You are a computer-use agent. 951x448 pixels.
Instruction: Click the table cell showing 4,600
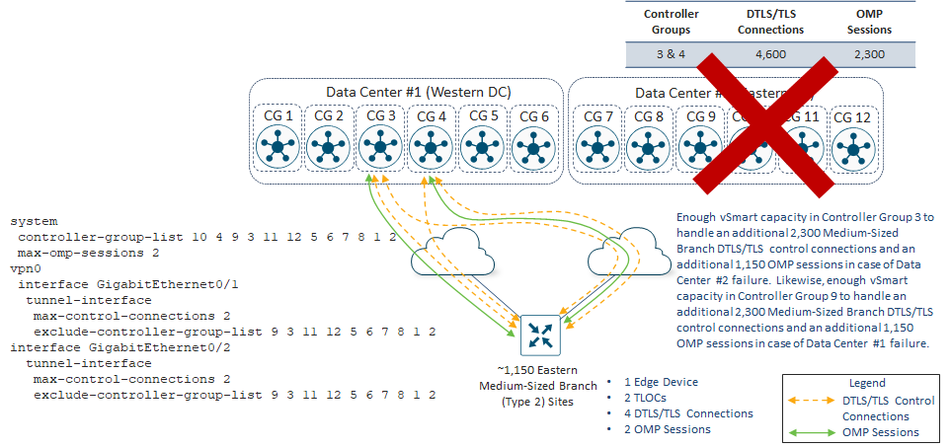(770, 56)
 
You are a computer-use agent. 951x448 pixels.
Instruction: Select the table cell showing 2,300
(869, 56)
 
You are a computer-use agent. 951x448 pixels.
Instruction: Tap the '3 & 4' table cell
(671, 56)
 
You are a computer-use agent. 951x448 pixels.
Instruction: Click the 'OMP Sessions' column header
(869, 22)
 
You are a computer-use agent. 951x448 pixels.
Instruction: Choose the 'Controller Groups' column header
(671, 22)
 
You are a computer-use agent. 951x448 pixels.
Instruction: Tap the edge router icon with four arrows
(540, 336)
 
